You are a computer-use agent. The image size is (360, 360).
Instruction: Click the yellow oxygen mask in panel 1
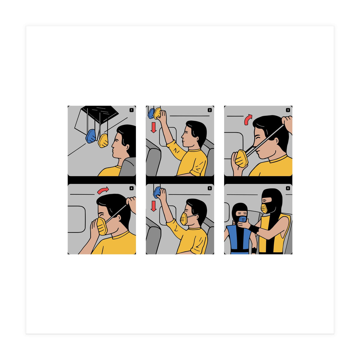103,140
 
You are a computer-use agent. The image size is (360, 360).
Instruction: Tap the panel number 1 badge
131,110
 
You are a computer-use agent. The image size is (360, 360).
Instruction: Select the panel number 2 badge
210,110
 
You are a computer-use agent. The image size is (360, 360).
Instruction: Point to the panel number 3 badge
288,110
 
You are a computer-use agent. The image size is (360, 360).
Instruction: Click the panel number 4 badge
131,188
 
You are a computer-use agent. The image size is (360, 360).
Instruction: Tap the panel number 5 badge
210,188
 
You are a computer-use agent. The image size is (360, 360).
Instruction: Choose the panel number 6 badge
288,188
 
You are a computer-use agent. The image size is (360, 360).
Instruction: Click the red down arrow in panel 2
154,127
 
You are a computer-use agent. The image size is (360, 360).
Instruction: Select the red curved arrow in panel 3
248,119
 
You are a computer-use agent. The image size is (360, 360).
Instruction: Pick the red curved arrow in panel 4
103,190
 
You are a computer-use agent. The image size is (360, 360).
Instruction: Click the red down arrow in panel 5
154,206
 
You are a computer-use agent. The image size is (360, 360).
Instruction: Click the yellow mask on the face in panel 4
102,226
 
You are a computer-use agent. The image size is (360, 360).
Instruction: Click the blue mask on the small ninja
242,219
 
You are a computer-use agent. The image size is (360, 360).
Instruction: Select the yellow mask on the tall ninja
264,208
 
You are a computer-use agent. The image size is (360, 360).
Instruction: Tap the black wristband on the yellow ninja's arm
254,229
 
